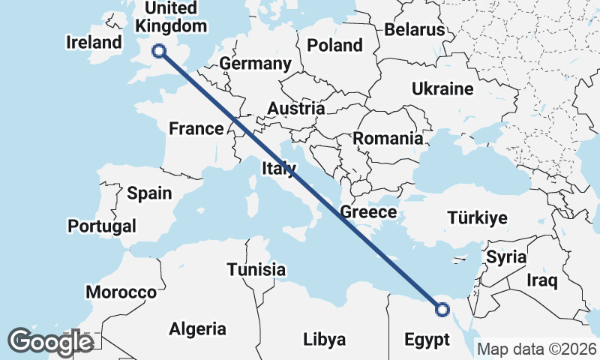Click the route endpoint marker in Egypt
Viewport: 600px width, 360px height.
[442, 308]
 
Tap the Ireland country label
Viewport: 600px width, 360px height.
[94, 42]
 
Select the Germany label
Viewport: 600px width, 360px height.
[255, 64]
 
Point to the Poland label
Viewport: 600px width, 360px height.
[334, 45]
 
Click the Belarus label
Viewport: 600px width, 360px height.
[415, 30]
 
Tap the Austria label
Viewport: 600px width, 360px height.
[295, 109]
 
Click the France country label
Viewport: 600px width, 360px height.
[196, 129]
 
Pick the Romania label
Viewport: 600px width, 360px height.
[388, 139]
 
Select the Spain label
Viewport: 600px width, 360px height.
[149, 193]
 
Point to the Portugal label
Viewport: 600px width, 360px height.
[102, 226]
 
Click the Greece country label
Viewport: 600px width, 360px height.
[368, 212]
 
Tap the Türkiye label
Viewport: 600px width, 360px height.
[477, 218]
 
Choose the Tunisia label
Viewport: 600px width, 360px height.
[256, 269]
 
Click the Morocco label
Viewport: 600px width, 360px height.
[121, 292]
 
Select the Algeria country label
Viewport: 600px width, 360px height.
[197, 328]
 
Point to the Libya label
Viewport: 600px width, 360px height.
[325, 338]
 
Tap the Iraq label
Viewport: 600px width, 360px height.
[542, 281]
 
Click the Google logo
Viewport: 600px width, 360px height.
[50, 342]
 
